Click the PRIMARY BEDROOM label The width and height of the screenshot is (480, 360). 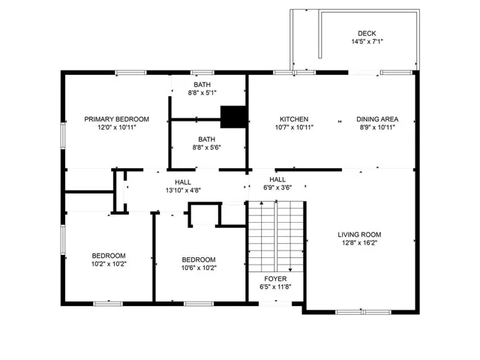(x=117, y=119)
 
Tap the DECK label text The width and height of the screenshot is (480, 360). (x=367, y=33)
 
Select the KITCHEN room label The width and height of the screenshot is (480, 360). (x=294, y=119)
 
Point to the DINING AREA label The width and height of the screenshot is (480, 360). (x=377, y=119)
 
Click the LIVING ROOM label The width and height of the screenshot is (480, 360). (x=359, y=235)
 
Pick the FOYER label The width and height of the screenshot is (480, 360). (x=275, y=278)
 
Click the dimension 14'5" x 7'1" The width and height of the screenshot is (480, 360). (x=367, y=42)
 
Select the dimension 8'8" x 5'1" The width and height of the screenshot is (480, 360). (x=202, y=92)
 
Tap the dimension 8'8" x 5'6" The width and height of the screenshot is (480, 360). (x=207, y=147)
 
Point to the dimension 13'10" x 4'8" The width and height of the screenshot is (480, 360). (x=183, y=190)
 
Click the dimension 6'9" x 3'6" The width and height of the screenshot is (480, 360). (x=277, y=187)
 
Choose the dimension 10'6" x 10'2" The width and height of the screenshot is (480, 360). (x=199, y=268)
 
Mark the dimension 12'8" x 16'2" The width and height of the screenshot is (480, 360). (x=359, y=243)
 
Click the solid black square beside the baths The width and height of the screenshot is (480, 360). (x=233, y=117)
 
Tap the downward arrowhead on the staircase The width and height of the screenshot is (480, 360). (x=290, y=270)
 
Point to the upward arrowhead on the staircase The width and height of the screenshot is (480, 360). (x=262, y=203)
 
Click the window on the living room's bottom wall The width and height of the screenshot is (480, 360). (x=363, y=312)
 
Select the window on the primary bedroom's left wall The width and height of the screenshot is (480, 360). (x=63, y=136)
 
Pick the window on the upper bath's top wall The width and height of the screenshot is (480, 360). (x=202, y=73)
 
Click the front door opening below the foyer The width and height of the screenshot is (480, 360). (x=275, y=304)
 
